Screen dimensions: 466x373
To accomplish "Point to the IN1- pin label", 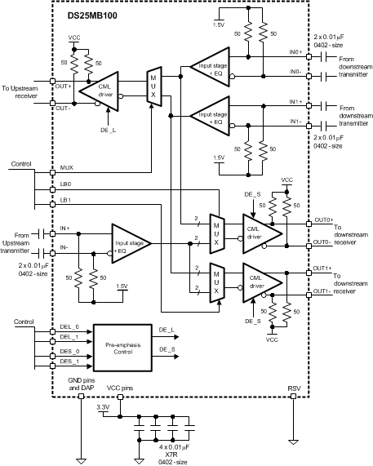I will coord(296,121).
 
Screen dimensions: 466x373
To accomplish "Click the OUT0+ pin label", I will coord(300,220).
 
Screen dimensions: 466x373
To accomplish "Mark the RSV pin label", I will coord(293,388).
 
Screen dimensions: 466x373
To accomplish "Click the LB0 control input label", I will coord(66,184).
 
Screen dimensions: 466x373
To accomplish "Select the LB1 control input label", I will coord(66,199).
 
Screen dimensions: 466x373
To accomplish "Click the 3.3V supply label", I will coord(104,406).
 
